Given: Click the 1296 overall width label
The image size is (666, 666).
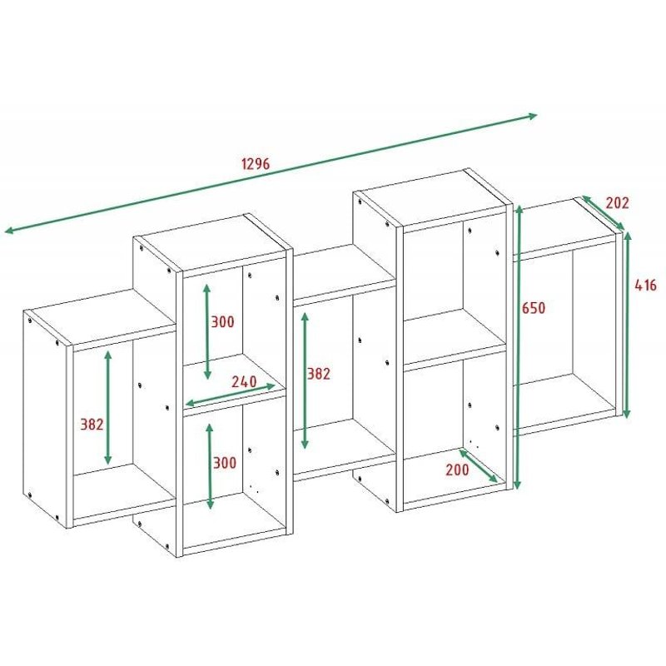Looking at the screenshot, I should click(256, 163).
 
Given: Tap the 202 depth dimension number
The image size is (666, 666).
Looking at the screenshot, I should click(617, 202).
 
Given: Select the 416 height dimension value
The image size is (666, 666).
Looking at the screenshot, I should click(645, 285).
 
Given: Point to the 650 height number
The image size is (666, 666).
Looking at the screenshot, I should click(534, 308).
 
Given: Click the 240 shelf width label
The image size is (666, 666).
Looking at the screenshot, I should click(243, 381).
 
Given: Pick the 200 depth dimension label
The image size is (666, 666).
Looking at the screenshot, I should click(456, 469).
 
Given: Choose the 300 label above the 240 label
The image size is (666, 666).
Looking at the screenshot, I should click(222, 322).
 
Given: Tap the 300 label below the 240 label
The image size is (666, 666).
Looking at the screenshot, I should click(222, 463).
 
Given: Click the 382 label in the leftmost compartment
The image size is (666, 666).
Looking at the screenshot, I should click(92, 424).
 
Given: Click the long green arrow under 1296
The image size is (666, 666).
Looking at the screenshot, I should click(271, 172).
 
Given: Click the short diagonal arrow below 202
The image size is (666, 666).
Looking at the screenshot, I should click(602, 212).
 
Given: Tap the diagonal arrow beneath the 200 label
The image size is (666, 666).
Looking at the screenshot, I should click(479, 467).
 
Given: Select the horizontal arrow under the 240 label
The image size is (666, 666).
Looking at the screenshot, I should click(230, 394).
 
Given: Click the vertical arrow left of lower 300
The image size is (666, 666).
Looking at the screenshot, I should click(210, 465).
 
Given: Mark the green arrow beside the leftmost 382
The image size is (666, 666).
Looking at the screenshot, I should click(108, 407).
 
